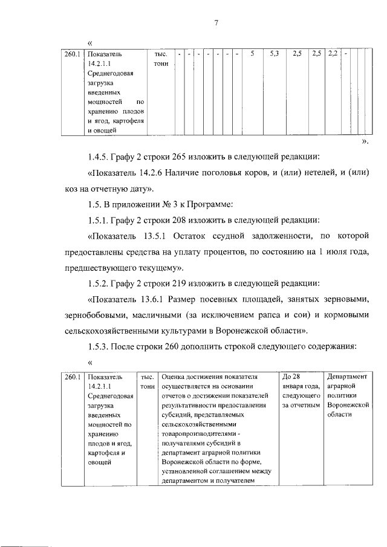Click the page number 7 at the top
215,23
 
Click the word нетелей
310,173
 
